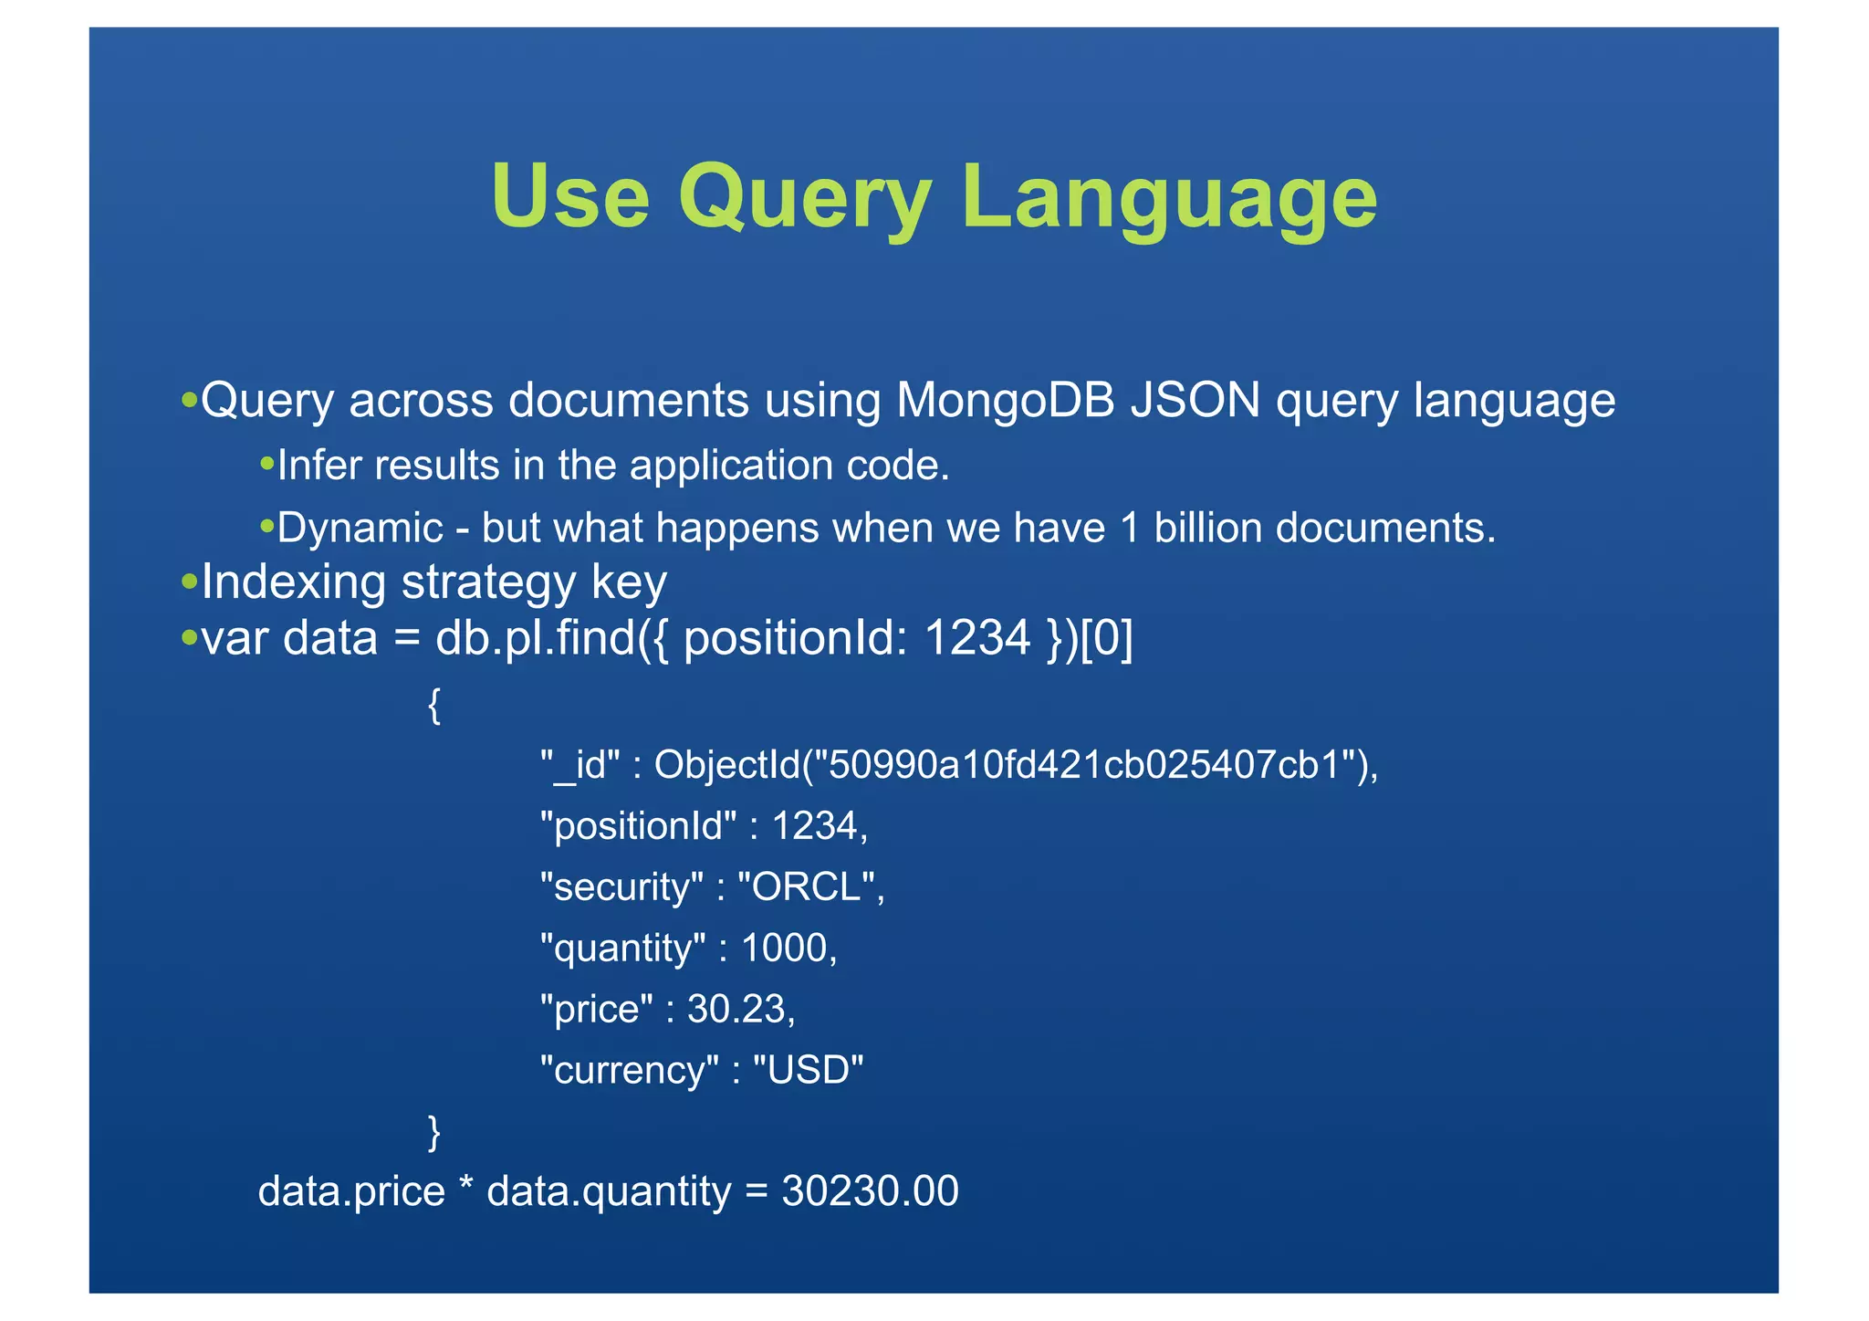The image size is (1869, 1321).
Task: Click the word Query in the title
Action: (804, 198)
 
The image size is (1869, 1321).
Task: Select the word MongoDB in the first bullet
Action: (1006, 400)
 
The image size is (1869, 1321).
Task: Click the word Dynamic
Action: (360, 528)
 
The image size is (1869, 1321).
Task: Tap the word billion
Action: (1207, 528)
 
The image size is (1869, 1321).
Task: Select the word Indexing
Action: (294, 582)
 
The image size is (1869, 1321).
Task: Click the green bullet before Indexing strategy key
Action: (190, 582)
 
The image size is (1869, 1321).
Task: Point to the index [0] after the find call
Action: (1106, 637)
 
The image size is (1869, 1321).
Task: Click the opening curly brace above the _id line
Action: (434, 706)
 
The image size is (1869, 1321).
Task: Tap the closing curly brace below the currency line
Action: (434, 1132)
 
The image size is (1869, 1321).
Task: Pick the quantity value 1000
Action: (783, 948)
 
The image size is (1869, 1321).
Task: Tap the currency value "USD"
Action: (808, 1070)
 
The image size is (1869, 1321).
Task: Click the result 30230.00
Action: (870, 1191)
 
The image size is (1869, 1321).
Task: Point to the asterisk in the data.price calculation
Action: (466, 1187)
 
